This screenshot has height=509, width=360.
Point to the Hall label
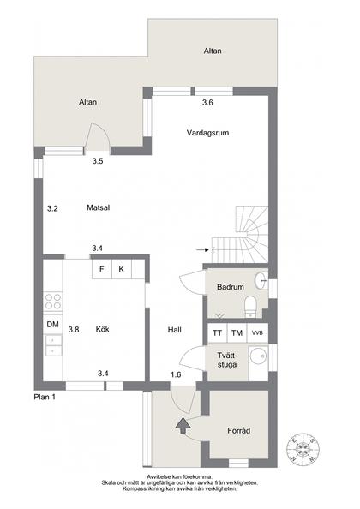pyautogui.click(x=175, y=329)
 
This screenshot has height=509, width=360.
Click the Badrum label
pyautogui.click(x=231, y=287)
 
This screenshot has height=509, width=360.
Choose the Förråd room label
pyautogui.click(x=240, y=430)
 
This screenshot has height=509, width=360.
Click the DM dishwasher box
pyautogui.click(x=52, y=324)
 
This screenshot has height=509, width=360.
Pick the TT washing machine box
pyautogui.click(x=218, y=332)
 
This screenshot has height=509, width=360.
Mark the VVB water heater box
pyautogui.click(x=257, y=332)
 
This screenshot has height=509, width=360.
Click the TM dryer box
pyautogui.click(x=237, y=332)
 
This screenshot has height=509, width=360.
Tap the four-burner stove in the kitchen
pyautogui.click(x=52, y=301)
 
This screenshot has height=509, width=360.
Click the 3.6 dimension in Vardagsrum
pyautogui.click(x=207, y=104)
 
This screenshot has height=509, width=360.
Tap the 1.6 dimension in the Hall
pyautogui.click(x=176, y=374)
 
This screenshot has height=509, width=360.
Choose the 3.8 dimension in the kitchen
pyautogui.click(x=74, y=329)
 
